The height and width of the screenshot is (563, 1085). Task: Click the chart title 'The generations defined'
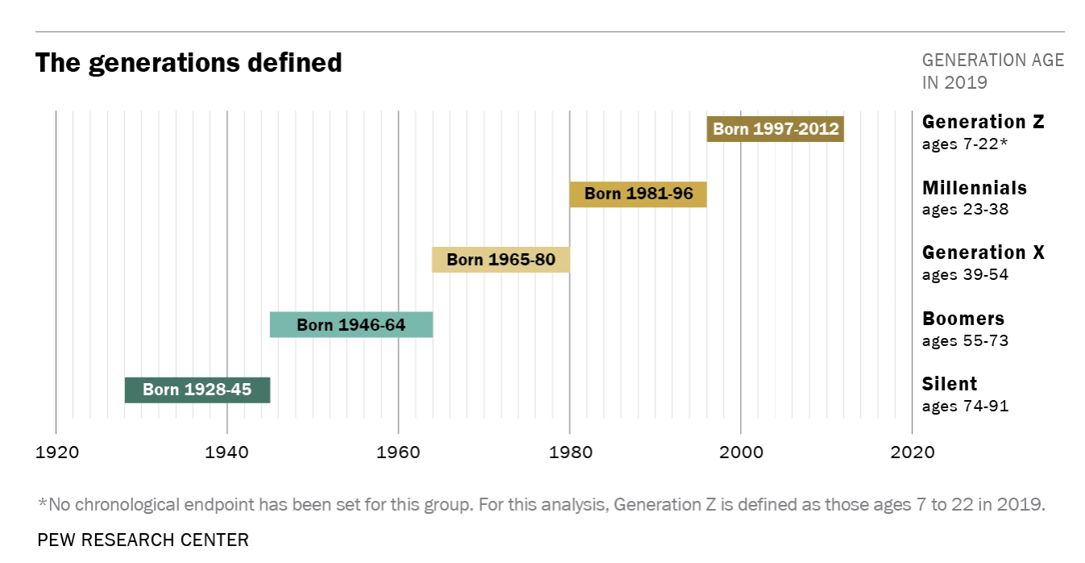[x=189, y=63]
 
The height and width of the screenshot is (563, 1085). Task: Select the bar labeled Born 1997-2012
[x=775, y=129]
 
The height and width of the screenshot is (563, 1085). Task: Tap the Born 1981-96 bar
[x=638, y=194]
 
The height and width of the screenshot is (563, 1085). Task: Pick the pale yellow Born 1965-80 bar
[x=501, y=260]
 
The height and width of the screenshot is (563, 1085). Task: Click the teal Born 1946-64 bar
[x=351, y=325]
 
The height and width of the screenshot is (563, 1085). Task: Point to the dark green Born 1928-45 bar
[x=197, y=390]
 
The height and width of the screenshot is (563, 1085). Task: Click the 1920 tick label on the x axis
[x=56, y=452]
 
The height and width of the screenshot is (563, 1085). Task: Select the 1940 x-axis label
[x=227, y=452]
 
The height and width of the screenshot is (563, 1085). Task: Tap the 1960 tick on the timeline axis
[x=398, y=452]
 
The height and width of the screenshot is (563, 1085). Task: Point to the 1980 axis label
[x=570, y=452]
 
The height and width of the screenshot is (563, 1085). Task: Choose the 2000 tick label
[x=741, y=452]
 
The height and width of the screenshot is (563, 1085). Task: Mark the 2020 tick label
[x=912, y=452]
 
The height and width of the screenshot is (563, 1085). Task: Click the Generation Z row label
[x=983, y=123]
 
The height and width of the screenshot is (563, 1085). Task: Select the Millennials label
[x=974, y=189]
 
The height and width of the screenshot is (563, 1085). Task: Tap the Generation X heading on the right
[x=983, y=253]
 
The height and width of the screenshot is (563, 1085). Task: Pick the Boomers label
[x=963, y=319]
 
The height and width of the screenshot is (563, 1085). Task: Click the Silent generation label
[x=950, y=384]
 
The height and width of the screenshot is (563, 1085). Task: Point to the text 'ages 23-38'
[x=965, y=210]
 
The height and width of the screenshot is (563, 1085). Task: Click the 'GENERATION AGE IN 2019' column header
[x=992, y=71]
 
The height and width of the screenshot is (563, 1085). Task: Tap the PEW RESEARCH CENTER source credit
[x=143, y=540]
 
